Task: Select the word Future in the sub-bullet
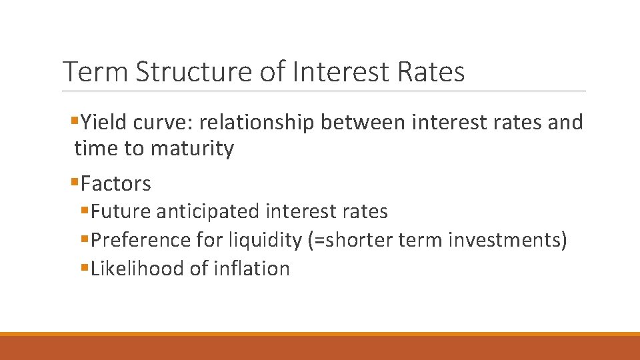121,212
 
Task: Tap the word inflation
252,269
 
